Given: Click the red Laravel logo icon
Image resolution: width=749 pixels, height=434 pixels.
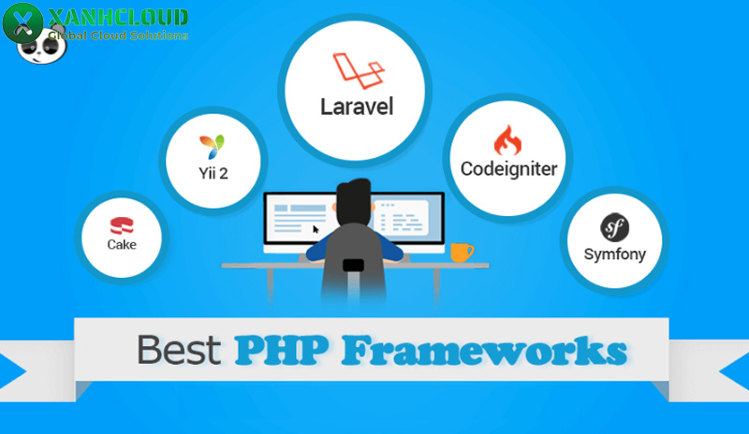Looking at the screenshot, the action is [359, 71].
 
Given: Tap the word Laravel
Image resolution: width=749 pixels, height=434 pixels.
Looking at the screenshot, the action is [357, 107].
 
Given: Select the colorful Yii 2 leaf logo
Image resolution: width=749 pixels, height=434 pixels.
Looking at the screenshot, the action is [213, 147].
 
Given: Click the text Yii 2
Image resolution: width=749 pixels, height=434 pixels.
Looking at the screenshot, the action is [213, 173].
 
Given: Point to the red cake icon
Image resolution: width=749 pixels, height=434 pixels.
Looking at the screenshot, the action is [122, 225].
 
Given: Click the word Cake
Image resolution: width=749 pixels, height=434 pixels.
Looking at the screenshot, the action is [122, 244].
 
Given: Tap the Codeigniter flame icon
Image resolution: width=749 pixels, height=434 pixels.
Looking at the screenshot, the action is [507, 140].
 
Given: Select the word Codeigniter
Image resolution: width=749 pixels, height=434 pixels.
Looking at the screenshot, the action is [508, 169].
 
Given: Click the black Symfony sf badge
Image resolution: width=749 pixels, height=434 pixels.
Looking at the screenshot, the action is [614, 227].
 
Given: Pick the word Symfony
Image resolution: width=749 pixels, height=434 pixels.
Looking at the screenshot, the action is [615, 254].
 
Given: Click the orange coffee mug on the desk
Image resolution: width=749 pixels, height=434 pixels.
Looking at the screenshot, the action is [462, 253].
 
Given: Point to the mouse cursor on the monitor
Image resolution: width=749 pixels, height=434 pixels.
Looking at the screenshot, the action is [316, 229].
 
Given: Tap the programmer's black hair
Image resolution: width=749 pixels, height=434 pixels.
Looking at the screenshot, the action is [354, 200].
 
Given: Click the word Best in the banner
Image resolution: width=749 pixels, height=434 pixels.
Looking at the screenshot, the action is [179, 350].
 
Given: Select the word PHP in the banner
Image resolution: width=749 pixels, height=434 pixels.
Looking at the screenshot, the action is [282, 350].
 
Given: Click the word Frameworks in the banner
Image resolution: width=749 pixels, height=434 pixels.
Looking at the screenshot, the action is [484, 351].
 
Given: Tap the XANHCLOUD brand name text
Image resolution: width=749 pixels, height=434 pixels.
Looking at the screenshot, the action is [118, 18].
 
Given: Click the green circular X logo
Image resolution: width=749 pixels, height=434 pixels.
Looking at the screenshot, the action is [22, 23].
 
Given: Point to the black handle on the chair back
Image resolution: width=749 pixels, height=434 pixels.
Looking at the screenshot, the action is [354, 265].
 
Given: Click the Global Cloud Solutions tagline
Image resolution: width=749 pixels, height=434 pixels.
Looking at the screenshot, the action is [118, 36].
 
